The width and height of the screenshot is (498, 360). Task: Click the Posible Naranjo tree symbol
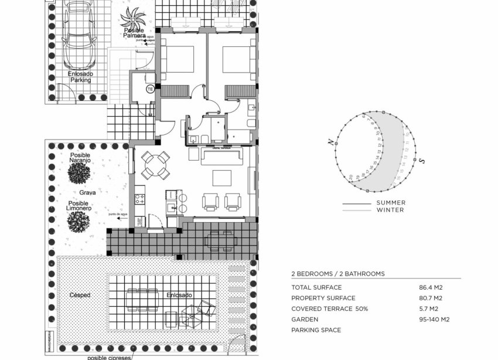(79, 174)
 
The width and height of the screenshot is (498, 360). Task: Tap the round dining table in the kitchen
(155, 165)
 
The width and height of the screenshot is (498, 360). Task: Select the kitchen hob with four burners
(141, 199)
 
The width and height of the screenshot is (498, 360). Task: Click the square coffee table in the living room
(221, 178)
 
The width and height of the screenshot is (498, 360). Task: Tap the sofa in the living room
(222, 156)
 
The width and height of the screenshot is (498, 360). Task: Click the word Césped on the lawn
(80, 295)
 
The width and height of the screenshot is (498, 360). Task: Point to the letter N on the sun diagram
(331, 142)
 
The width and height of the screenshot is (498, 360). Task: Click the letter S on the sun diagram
(421, 160)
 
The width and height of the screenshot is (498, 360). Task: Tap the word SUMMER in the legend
(391, 203)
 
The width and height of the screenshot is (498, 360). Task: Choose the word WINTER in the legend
(390, 210)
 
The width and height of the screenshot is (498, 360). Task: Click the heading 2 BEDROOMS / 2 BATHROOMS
(338, 274)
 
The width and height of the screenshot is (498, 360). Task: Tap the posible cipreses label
(109, 356)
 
